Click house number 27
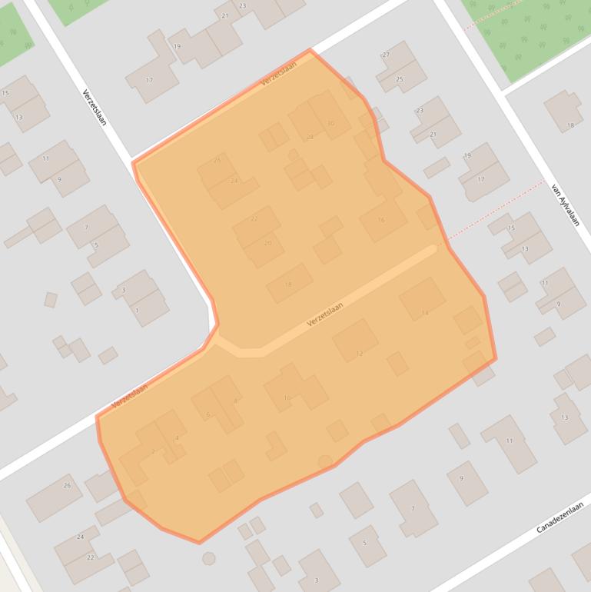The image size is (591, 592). (386, 55)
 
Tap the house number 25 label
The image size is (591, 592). (399, 79)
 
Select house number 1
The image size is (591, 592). (137, 311)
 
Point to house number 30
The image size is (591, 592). (330, 123)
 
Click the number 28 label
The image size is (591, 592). (310, 137)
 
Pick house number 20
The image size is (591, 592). (267, 243)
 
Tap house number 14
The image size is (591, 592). (424, 313)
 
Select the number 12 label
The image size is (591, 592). (359, 354)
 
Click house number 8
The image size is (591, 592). (235, 401)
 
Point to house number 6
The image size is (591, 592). (208, 415)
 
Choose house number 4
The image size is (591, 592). (177, 437)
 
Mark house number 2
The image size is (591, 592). (153, 451)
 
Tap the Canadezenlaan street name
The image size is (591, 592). (560, 517)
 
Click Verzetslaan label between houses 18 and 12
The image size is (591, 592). (324, 314)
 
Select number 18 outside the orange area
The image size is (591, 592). (569, 125)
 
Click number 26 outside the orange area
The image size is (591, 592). (67, 485)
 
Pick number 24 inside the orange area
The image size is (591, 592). (234, 181)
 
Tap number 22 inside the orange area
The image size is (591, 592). (254, 219)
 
